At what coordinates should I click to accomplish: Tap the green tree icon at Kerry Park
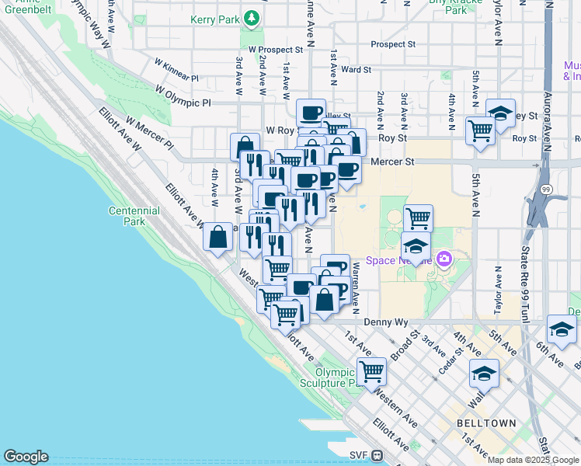251,17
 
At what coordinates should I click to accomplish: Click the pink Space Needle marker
444,259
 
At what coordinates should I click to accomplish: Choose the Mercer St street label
393,162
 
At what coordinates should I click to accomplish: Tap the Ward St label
357,69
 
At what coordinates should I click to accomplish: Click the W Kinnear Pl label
176,69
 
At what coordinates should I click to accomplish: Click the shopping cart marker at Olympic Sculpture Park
372,371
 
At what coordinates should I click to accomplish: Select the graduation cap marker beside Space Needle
416,248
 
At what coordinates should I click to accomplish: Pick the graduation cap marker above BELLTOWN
484,374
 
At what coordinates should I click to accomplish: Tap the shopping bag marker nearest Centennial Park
218,236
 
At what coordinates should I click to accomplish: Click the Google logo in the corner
26,457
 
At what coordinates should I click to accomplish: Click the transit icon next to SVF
377,456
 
